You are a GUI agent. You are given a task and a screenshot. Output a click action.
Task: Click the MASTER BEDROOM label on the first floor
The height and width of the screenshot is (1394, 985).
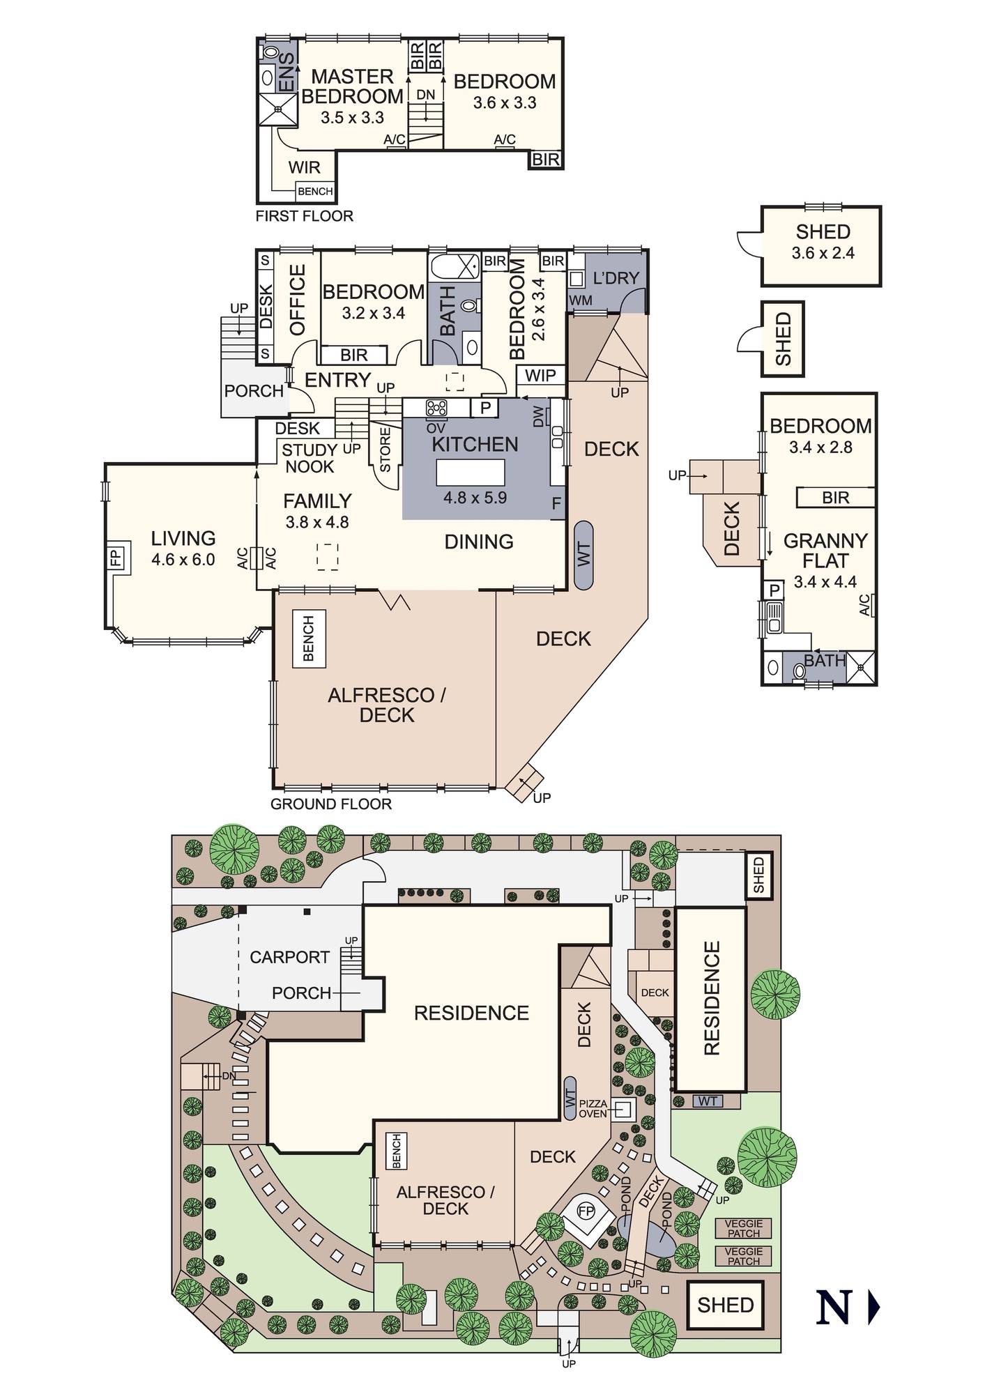point(352,86)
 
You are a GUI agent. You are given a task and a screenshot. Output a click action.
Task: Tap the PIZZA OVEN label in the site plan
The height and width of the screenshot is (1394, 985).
point(593,1109)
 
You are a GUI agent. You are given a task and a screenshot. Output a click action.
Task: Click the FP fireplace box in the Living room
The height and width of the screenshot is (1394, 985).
point(115,558)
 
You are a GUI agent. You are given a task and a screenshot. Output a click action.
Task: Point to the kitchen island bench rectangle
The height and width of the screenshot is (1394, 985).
point(470,473)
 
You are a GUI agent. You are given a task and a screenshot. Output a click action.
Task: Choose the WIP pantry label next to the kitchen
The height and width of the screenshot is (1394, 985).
point(540,376)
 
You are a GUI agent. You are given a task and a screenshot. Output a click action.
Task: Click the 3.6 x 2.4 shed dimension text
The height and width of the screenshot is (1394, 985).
point(823,254)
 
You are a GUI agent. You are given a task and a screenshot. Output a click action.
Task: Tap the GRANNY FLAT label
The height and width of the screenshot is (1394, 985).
point(825,551)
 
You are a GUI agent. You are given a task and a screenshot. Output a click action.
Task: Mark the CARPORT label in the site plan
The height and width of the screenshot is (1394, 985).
point(289,957)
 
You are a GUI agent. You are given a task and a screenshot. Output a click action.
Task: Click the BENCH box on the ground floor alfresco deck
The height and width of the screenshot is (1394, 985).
point(309,639)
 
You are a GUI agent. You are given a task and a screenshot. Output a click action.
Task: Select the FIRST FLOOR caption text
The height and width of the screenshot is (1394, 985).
point(304,216)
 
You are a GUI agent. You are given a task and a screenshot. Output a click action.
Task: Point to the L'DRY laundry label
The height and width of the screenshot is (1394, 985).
point(616,278)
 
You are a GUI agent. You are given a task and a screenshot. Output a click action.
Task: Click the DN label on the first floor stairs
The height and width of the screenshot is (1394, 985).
point(425,95)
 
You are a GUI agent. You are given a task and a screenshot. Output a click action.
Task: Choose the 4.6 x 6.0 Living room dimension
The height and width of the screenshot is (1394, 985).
point(183,560)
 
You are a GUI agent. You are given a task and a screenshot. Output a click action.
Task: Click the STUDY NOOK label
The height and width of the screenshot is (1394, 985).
point(310,459)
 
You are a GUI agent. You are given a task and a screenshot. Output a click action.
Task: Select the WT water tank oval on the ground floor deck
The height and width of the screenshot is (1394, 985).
point(583,555)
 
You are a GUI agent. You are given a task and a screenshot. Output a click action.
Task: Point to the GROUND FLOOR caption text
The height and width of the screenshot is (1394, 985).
point(331,804)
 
